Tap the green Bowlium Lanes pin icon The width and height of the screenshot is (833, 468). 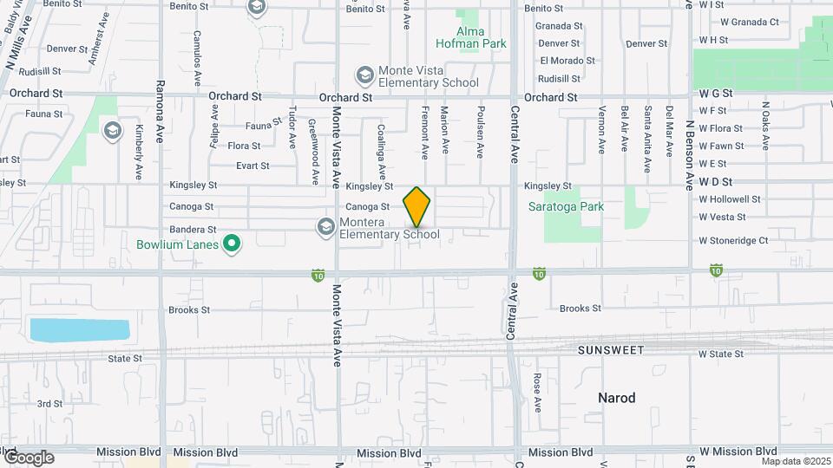pos(232,244)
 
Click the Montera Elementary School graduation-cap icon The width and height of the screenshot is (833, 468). pos(326,227)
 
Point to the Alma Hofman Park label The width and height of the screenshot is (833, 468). pos(472,36)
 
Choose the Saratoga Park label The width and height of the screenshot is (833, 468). pos(566,207)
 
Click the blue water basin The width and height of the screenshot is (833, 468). pos(79,329)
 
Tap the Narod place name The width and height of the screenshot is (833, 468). pos(617,398)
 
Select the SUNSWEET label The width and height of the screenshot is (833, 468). pos(612,349)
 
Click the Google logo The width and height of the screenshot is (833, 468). pos(28,458)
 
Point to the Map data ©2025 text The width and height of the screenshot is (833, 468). pos(797,461)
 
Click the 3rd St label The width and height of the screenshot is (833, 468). pos(49,404)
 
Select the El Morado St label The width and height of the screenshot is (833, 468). pos(567,61)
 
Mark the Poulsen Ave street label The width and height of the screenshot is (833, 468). pos(479,133)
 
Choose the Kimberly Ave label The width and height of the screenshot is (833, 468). pos(139,139)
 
